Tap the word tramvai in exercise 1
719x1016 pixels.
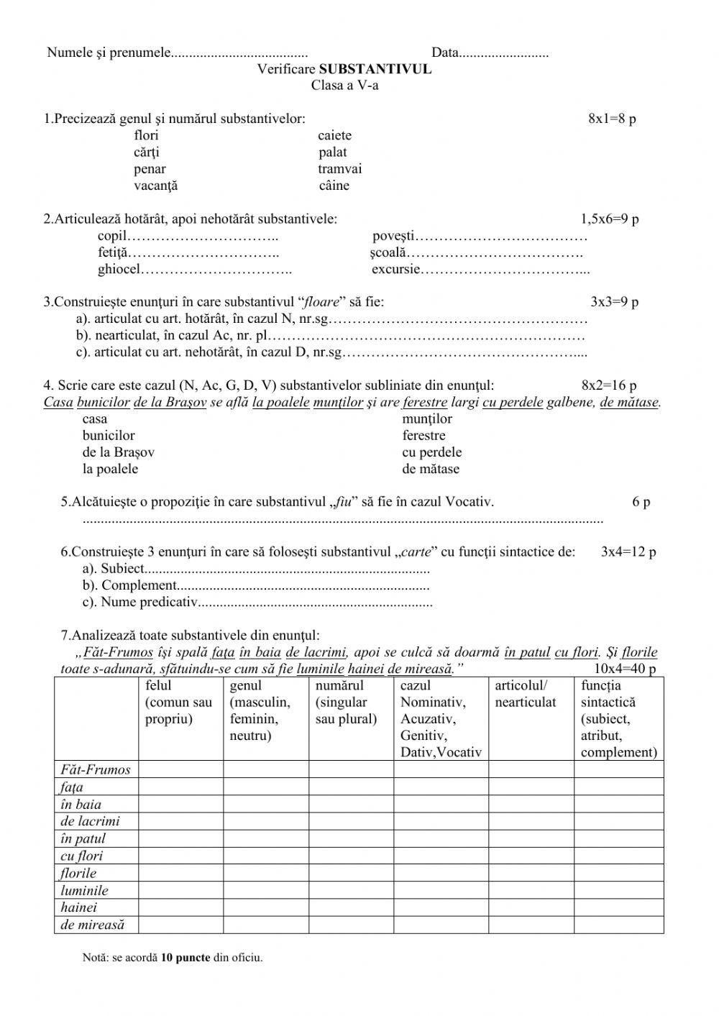339,169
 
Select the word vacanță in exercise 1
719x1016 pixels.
155,186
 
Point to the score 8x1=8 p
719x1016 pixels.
612,119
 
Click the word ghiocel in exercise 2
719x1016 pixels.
119,270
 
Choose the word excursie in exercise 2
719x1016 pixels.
395,270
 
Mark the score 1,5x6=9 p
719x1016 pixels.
610,219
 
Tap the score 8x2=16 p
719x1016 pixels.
609,386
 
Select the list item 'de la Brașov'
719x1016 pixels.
118,452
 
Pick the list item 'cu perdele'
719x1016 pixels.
432,452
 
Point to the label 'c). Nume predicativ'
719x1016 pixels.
139,603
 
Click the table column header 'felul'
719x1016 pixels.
158,686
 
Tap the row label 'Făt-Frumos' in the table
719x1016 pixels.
96,770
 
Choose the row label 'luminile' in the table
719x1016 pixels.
84,891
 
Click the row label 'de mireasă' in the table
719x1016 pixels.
93,925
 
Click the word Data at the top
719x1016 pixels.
445,52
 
